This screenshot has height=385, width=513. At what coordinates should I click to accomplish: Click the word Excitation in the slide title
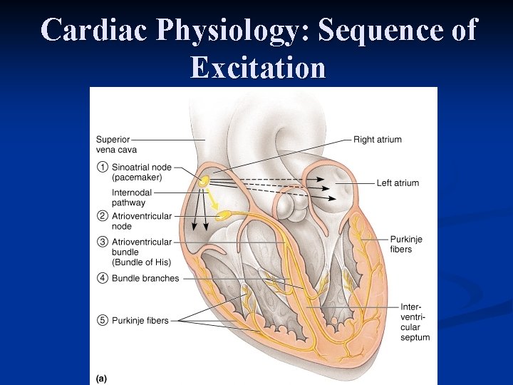tap(258, 68)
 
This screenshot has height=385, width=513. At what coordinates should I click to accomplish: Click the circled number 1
tap(102, 168)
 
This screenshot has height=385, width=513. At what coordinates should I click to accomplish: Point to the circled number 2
tap(102, 216)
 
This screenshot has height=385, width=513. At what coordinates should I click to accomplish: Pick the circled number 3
tap(102, 242)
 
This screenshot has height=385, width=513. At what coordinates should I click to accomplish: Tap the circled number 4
tap(102, 278)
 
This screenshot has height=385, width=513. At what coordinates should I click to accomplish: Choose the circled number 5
tap(102, 321)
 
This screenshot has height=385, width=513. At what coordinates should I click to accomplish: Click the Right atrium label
tap(378, 140)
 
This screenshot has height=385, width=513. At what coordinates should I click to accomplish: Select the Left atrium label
tap(398, 183)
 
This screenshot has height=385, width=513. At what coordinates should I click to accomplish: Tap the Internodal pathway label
tap(131, 197)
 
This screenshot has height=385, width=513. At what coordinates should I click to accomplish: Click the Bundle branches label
tap(145, 278)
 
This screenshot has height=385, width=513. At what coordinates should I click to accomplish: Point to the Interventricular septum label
tap(415, 322)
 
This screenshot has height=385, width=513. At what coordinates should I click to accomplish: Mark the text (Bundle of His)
tap(141, 262)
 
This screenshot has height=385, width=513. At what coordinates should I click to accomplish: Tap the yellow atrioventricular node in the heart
tap(223, 214)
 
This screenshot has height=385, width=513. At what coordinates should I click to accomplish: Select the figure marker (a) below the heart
tap(100, 379)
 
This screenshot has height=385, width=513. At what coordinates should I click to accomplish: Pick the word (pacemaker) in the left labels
tap(137, 178)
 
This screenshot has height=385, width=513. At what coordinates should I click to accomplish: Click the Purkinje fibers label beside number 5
tap(140, 321)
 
